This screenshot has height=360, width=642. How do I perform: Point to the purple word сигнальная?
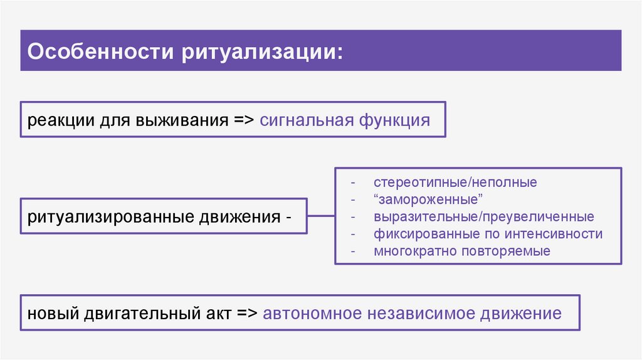[306, 119]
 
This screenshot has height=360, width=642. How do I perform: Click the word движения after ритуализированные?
[239, 217]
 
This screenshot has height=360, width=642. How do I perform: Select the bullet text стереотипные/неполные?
[455, 183]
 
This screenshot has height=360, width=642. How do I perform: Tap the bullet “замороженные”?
[428, 200]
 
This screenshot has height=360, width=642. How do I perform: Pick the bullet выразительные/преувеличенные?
[483, 217]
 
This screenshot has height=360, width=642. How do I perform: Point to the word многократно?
[415, 251]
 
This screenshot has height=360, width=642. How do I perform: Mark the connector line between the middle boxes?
[320, 216]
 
